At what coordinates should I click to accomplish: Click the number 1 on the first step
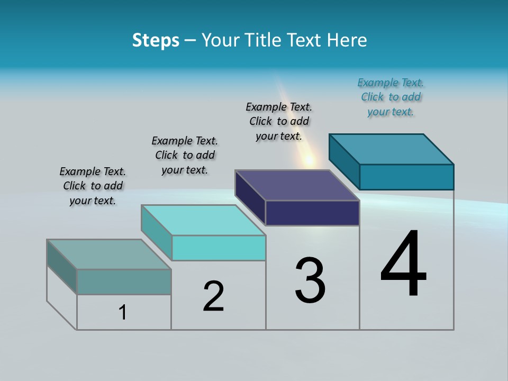123,312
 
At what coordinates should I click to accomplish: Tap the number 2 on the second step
213,296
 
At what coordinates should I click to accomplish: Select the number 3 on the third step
310,280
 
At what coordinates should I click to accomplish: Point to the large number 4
403,264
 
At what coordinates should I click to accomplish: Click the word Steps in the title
156,40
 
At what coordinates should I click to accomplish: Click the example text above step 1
93,186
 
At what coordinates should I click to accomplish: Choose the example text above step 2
185,155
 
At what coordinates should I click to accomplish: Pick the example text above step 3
279,121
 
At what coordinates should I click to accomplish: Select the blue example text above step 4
391,97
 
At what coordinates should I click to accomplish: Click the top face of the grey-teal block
109,255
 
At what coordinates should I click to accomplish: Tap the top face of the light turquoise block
203,220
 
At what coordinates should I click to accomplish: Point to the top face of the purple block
297,185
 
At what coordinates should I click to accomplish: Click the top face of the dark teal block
392,149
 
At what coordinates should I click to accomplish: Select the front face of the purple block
312,213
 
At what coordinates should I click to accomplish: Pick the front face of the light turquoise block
219,248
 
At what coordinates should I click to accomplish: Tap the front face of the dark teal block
406,177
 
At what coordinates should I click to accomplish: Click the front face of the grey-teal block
124,282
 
